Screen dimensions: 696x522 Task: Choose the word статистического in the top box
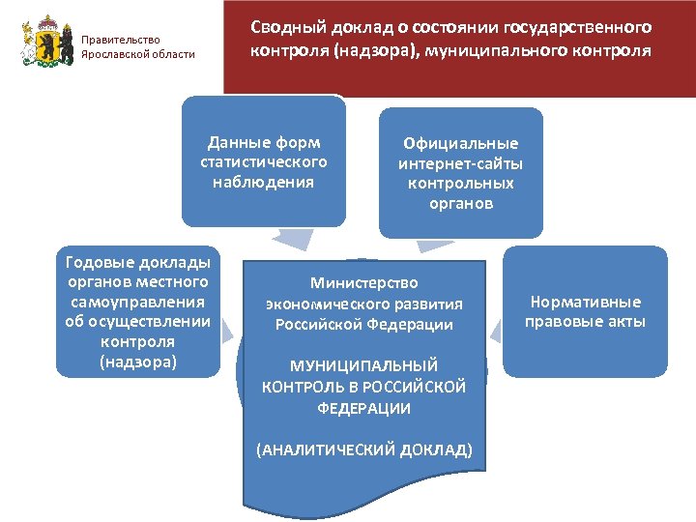pyautogui.click(x=264, y=161)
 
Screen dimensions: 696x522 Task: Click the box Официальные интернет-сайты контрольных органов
pyautogui.click(x=460, y=173)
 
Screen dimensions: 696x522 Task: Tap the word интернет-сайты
pyautogui.click(x=460, y=163)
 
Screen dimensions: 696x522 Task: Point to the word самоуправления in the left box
pyautogui.click(x=137, y=303)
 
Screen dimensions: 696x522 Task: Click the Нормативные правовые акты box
pyautogui.click(x=585, y=311)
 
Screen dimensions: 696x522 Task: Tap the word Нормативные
pyautogui.click(x=585, y=303)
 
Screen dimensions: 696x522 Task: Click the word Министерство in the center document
pyautogui.click(x=363, y=283)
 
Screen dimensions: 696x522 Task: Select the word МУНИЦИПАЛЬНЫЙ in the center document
pyautogui.click(x=363, y=365)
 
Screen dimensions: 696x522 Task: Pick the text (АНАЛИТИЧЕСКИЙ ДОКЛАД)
pyautogui.click(x=363, y=450)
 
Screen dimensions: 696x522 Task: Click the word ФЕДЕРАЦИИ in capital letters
pyautogui.click(x=363, y=408)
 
